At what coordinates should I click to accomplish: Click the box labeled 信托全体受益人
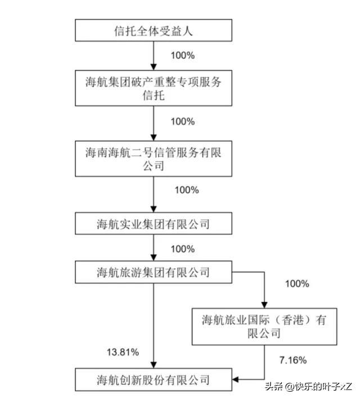pyautogui.click(x=154, y=30)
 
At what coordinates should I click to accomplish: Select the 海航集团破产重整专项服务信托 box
pyautogui.click(x=154, y=88)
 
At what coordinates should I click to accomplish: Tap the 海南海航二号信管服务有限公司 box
pyautogui.click(x=154, y=158)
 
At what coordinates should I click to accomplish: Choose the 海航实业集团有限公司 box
pyautogui.click(x=154, y=224)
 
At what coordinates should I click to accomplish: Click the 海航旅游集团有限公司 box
pyautogui.click(x=154, y=272)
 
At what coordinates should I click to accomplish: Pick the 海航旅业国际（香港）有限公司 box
pyautogui.click(x=264, y=327)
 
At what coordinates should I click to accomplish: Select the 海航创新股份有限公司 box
pyautogui.click(x=154, y=379)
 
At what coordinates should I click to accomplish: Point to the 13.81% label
pyautogui.click(x=123, y=352)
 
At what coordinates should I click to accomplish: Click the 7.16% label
pyautogui.click(x=293, y=360)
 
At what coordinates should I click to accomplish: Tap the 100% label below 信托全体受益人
pyautogui.click(x=183, y=56)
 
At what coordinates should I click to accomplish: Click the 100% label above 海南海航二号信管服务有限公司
pyautogui.click(x=183, y=121)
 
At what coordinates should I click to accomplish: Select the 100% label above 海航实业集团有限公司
pyautogui.click(x=187, y=190)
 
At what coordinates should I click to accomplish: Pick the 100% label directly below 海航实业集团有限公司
pyautogui.click(x=183, y=249)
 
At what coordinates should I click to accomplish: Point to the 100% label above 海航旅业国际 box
pyautogui.click(x=297, y=284)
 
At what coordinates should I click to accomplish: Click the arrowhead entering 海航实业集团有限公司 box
pyautogui.click(x=154, y=209)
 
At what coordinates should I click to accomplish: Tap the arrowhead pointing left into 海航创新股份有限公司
pyautogui.click(x=236, y=380)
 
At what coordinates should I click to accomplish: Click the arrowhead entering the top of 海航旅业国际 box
pyautogui.click(x=264, y=305)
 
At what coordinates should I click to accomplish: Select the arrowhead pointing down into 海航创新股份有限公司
pyautogui.click(x=154, y=365)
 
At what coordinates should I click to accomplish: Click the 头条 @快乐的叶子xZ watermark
pyautogui.click(x=308, y=387)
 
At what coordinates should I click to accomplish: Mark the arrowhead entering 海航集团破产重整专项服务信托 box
pyautogui.click(x=154, y=67)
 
